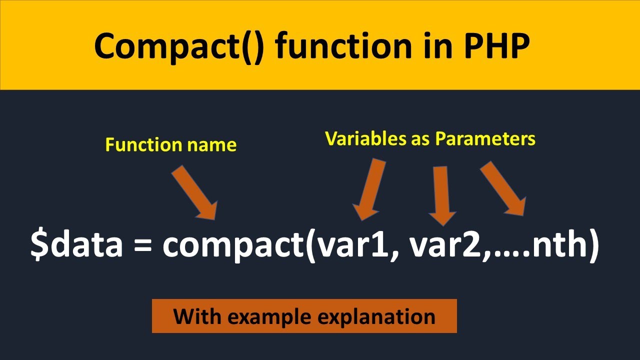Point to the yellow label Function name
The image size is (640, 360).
[170, 145]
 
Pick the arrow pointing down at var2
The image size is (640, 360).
[442, 195]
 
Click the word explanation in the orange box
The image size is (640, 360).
[380, 316]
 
